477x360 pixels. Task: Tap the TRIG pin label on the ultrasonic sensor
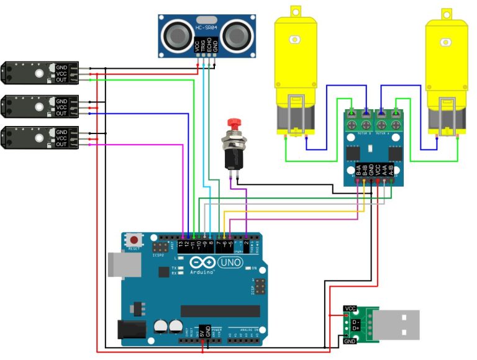click(x=203, y=46)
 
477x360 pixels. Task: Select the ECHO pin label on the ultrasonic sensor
click(x=209, y=46)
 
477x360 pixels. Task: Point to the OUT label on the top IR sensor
click(x=61, y=80)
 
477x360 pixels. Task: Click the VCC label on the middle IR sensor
click(x=61, y=107)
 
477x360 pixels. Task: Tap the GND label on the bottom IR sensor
click(x=61, y=132)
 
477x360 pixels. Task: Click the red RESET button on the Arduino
click(x=134, y=239)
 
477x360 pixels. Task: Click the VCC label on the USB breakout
click(x=350, y=308)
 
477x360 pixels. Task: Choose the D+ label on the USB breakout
click(x=355, y=329)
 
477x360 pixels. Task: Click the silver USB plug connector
click(x=397, y=325)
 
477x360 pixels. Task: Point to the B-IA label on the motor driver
click(x=358, y=169)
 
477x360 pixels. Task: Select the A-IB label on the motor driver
click(x=391, y=169)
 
